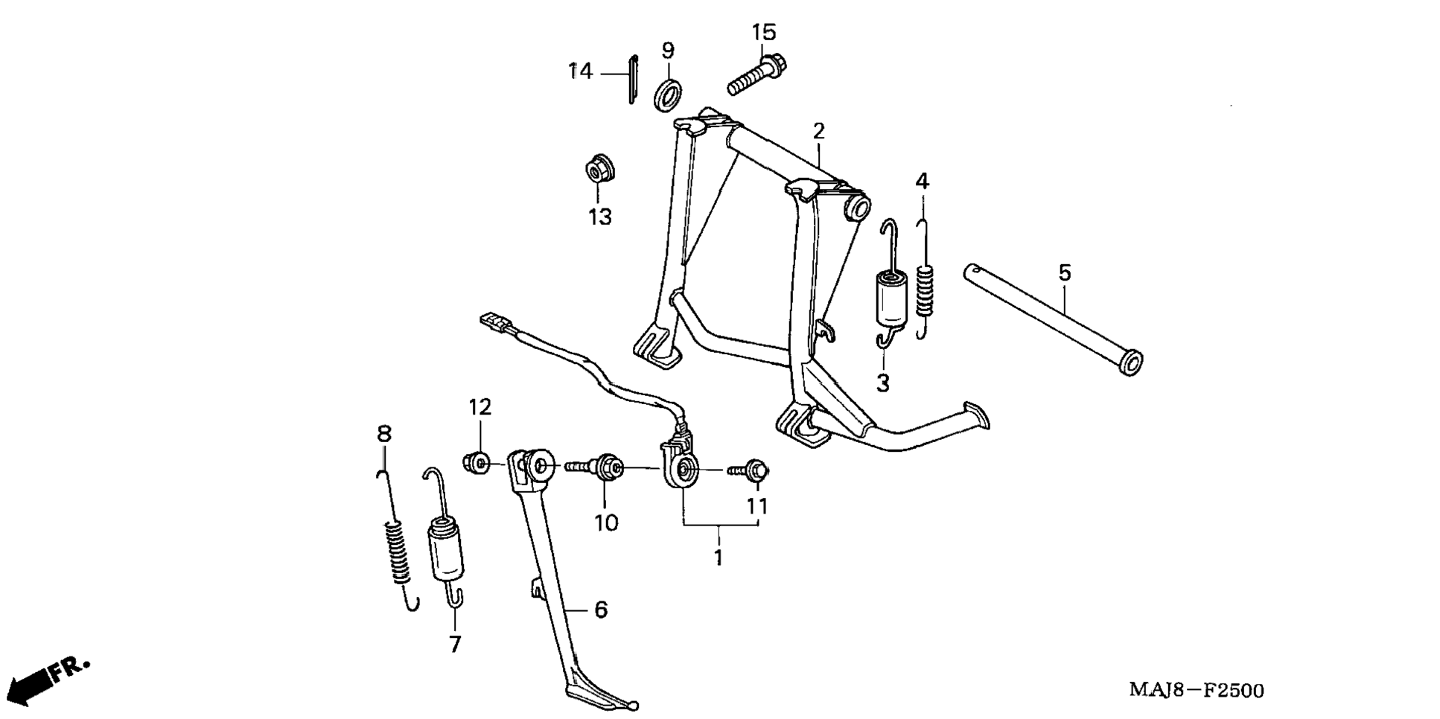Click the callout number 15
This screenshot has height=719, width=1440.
click(x=763, y=33)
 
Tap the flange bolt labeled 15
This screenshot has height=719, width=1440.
click(x=755, y=74)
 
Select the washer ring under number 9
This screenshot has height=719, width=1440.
click(x=669, y=94)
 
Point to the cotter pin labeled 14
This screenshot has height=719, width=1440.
click(x=632, y=79)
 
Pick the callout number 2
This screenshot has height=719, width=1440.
click(x=819, y=132)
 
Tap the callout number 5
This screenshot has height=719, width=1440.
click(x=1065, y=273)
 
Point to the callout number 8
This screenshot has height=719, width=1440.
click(x=383, y=433)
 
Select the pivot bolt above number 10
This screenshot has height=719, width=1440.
click(x=596, y=467)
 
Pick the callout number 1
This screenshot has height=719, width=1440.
click(x=719, y=557)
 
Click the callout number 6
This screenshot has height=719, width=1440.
click(x=601, y=610)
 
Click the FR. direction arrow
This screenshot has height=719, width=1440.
click(x=49, y=677)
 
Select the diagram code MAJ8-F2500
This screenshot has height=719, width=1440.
click(x=1196, y=691)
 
